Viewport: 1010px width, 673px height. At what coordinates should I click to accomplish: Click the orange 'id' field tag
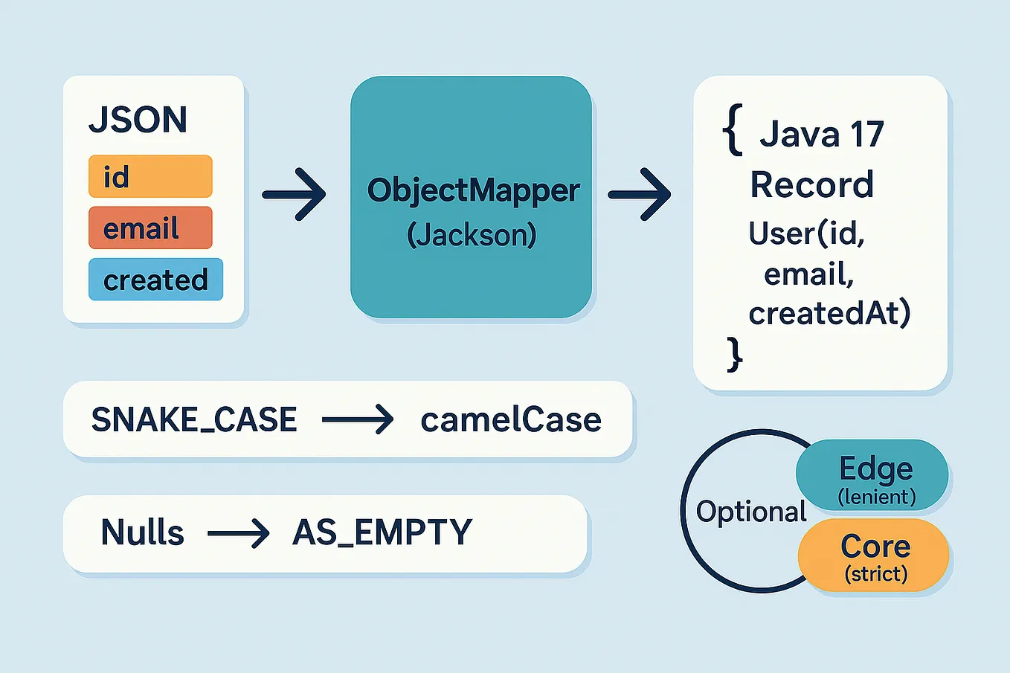[150, 177]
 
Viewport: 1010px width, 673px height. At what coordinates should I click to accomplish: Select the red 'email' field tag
[150, 228]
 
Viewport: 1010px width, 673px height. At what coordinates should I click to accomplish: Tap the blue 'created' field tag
[155, 280]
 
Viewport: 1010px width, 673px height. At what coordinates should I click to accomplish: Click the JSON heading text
[138, 120]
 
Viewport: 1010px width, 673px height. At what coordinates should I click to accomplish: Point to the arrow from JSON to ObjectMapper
[295, 194]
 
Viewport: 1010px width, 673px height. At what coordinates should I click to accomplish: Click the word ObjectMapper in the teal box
[473, 190]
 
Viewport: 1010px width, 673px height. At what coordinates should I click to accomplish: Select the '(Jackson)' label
[472, 235]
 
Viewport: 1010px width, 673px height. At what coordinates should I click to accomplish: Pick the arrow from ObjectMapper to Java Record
[640, 194]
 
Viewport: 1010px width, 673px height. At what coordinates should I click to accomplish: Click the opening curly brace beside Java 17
[733, 131]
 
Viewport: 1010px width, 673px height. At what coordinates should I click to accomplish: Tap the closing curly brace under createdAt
[734, 353]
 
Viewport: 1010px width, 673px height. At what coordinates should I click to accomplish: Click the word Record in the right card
[811, 184]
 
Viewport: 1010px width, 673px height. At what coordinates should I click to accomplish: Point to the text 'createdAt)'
[829, 313]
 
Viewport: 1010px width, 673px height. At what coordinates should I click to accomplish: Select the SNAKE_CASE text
[194, 420]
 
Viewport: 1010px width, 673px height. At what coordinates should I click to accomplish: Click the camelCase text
[511, 420]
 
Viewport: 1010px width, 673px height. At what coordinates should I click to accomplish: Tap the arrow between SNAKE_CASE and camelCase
[358, 420]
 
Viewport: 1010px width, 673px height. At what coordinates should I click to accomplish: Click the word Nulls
[142, 532]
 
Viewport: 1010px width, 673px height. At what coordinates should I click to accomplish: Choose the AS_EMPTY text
[382, 532]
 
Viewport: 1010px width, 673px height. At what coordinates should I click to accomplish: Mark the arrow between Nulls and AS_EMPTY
[238, 533]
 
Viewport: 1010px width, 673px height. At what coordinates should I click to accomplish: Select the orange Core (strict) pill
[875, 556]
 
